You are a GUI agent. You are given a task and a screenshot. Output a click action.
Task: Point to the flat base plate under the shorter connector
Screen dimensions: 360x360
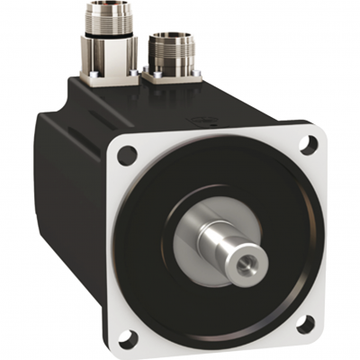pos(171,77)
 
